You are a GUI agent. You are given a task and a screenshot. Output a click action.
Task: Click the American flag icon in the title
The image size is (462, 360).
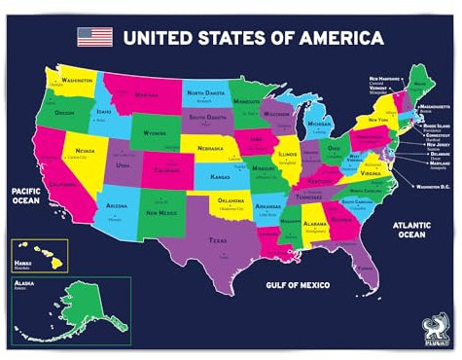click(x=94, y=37)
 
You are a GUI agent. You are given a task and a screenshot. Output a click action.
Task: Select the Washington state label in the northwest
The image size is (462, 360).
click(x=77, y=80)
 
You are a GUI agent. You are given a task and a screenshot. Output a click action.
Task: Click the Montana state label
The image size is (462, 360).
click(x=147, y=95)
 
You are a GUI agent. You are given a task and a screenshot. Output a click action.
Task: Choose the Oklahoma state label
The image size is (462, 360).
click(x=230, y=199)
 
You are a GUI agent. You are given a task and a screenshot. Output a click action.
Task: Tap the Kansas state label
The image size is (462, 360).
click(x=220, y=179)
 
